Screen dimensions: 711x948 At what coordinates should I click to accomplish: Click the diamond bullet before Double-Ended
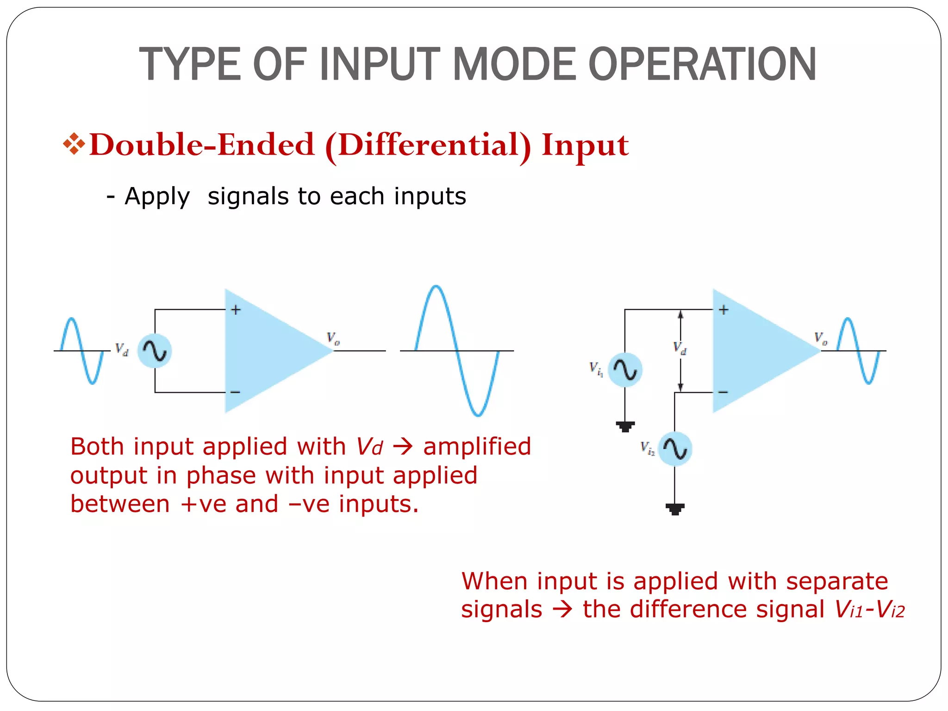[x=74, y=144]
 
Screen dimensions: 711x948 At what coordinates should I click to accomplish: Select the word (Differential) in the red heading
[x=428, y=146]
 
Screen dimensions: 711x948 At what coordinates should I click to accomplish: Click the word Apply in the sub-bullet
[x=157, y=197]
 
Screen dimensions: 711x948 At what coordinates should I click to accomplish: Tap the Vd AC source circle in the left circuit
[x=155, y=351]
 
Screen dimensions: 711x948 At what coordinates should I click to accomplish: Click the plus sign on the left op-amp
[x=236, y=310]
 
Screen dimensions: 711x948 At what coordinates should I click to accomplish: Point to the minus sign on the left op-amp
[x=236, y=392]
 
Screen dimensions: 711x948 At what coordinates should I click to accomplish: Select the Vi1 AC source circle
[x=625, y=370]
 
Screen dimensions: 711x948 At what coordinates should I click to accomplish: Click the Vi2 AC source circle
[x=675, y=449]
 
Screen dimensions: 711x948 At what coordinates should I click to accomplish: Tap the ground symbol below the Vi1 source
[x=625, y=426]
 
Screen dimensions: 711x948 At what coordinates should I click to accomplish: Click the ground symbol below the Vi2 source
[x=675, y=509]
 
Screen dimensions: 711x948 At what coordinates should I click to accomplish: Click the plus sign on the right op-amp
[x=724, y=310]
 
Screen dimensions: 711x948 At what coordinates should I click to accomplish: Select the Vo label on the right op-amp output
[x=821, y=338]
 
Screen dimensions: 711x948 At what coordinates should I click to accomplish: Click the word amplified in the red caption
[x=477, y=447]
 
